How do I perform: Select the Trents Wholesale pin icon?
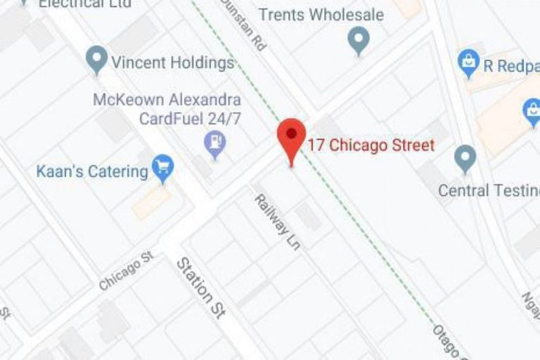[x=359, y=39]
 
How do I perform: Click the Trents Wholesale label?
[x=321, y=14]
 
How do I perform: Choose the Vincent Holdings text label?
[x=172, y=63]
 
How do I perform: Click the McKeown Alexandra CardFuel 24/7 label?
[x=167, y=109]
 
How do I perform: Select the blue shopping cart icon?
[x=163, y=167]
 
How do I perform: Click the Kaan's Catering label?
[x=92, y=171]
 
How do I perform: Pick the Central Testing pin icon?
[x=465, y=157]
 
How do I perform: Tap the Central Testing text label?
[x=489, y=191]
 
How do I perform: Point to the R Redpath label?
[x=510, y=66]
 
